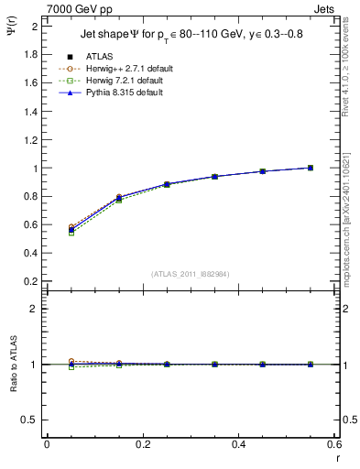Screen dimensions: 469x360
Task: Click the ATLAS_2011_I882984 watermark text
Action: click(x=191, y=273)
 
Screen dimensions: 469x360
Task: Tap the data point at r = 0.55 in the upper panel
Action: click(x=311, y=168)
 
